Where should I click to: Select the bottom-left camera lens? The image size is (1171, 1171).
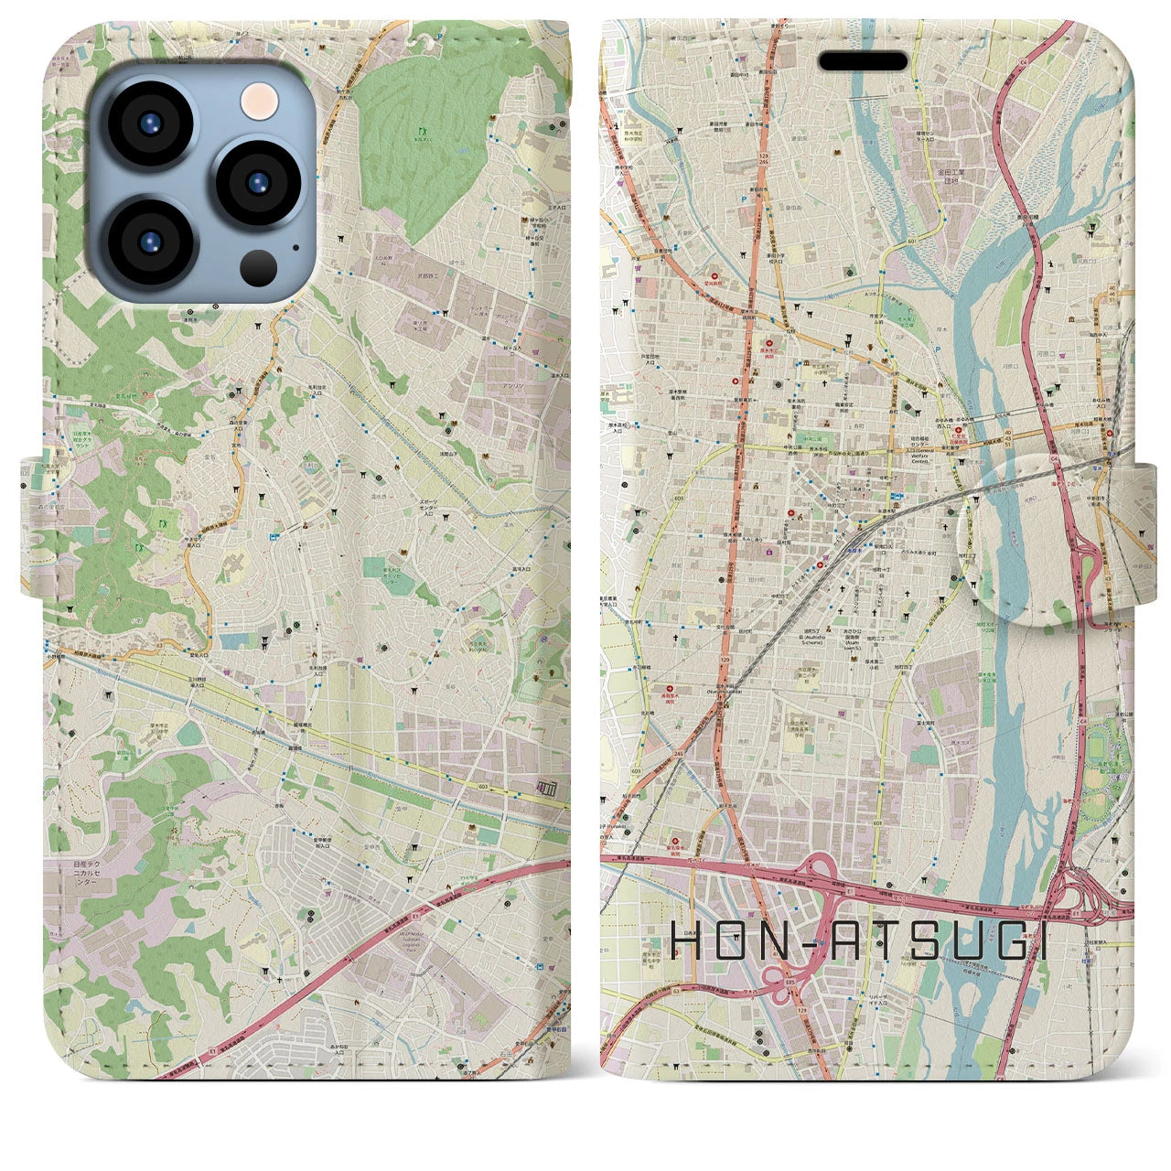[x=148, y=242]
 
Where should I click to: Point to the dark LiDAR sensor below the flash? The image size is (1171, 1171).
[x=259, y=268]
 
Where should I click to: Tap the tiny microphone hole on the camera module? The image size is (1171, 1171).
[x=295, y=246]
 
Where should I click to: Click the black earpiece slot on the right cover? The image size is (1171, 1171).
[x=863, y=61]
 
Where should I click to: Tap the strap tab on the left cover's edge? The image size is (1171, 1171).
[x=33, y=525]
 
